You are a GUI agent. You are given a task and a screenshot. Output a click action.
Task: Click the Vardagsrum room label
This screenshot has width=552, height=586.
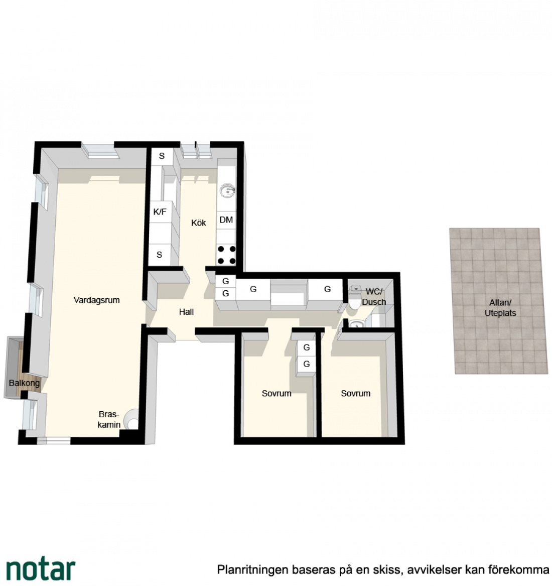click(x=96, y=300)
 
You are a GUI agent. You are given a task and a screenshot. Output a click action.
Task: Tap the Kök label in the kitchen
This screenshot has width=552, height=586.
click(x=198, y=223)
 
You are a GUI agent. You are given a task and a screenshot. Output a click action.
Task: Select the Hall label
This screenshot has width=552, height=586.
click(x=186, y=312)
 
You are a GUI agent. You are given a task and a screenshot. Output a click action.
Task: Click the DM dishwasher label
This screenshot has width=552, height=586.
click(x=226, y=220)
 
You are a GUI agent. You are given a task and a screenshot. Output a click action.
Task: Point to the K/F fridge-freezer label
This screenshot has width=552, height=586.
click(x=160, y=212)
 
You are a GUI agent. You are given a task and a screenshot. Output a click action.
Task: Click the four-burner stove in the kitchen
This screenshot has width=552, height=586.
click(x=227, y=255)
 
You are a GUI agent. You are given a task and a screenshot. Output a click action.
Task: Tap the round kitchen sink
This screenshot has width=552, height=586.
click(x=227, y=191)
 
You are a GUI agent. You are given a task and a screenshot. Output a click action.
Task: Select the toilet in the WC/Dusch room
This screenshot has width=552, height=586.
click(x=355, y=297)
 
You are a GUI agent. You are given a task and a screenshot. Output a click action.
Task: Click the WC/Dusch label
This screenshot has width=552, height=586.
click(x=374, y=297)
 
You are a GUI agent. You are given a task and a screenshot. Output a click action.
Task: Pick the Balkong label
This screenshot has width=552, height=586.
click(x=24, y=383)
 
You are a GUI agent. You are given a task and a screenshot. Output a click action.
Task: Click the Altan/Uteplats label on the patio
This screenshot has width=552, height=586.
click(x=500, y=308)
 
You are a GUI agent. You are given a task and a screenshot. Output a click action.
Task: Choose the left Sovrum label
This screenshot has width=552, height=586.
click(x=277, y=393)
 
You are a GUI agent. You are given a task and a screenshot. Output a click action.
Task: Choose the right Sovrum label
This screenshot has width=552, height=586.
click(x=356, y=393)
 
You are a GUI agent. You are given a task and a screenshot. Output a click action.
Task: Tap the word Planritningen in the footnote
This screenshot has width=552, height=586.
click(x=252, y=570)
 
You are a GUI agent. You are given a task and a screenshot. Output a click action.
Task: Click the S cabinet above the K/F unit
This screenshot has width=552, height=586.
click(x=162, y=156)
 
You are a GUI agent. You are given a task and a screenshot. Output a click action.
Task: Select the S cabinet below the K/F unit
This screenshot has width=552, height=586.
click(x=160, y=255)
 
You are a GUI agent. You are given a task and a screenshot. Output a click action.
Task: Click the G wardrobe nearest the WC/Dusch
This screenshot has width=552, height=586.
click(x=327, y=289)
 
